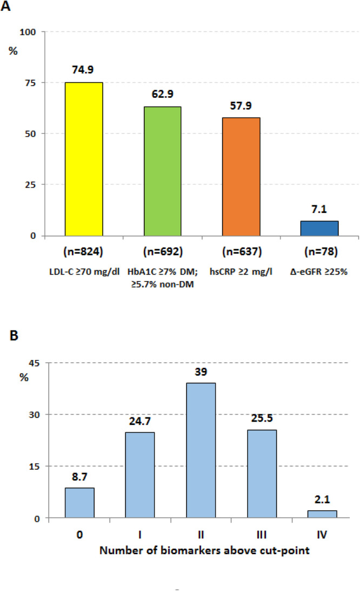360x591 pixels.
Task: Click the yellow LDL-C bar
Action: pyautogui.click(x=84, y=159)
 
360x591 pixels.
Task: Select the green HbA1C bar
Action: pyautogui.click(x=163, y=171)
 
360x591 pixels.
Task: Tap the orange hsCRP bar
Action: pyautogui.click(x=241, y=177)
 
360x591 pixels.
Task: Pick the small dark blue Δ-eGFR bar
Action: pyautogui.click(x=319, y=228)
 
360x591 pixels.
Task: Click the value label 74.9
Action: pyautogui.click(x=83, y=70)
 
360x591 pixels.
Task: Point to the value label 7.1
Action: pyautogui.click(x=319, y=209)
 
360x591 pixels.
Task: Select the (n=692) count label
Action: pyautogui.click(x=163, y=251)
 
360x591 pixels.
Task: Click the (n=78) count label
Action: pyautogui.click(x=321, y=251)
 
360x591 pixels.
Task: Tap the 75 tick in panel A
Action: pyautogui.click(x=30, y=83)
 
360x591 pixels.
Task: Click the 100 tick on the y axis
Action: pyautogui.click(x=28, y=32)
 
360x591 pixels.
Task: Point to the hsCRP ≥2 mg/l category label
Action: pyautogui.click(x=241, y=272)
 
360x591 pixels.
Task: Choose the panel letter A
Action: pyautogui.click(x=6, y=6)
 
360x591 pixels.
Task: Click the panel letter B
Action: pyautogui.click(x=14, y=335)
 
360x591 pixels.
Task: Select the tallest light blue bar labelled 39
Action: pyautogui.click(x=201, y=450)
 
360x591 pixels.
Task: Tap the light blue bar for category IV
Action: pyautogui.click(x=322, y=514)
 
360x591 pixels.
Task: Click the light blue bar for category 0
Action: pyautogui.click(x=79, y=503)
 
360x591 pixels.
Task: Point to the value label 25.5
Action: pyautogui.click(x=262, y=418)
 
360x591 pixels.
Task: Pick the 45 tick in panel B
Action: pyautogui.click(x=34, y=363)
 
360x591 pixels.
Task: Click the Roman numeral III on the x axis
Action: pyautogui.click(x=261, y=534)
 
